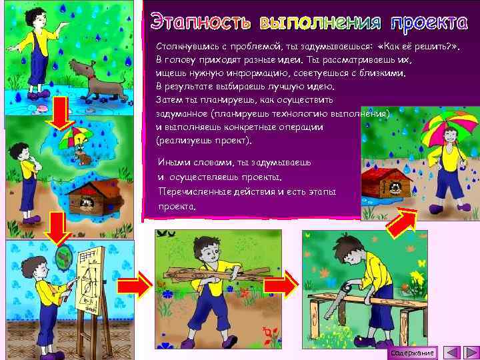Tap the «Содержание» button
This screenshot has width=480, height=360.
[413, 352]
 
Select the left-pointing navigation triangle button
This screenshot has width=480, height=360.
[452, 352]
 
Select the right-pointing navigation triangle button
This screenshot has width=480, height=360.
[469, 352]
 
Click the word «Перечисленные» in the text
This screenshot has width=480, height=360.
[194, 192]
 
